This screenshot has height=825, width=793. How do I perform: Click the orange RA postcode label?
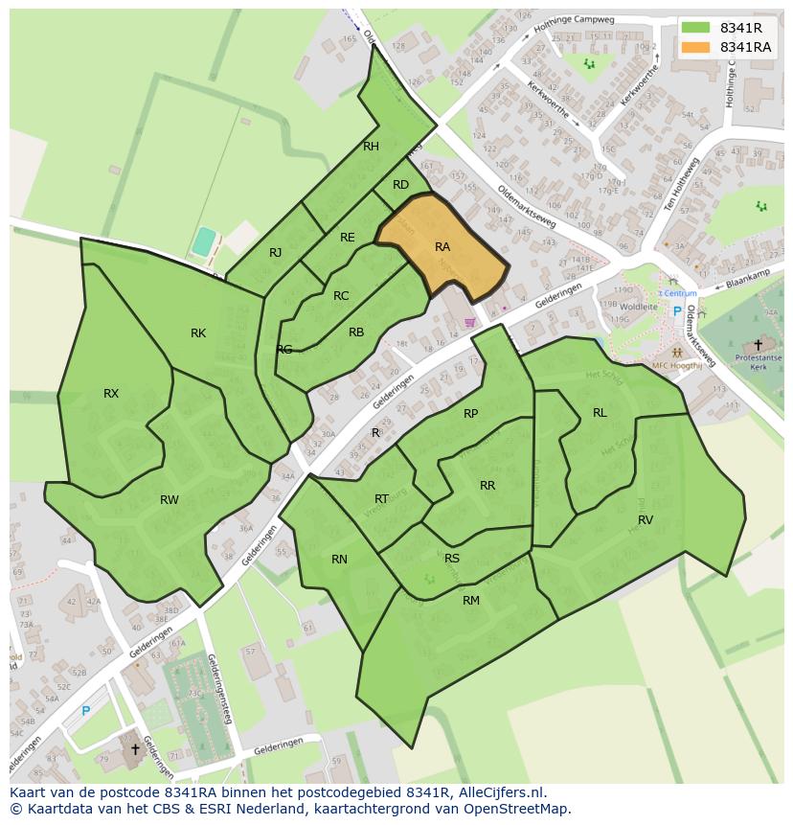[x=442, y=247]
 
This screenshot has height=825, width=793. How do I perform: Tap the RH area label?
[x=371, y=147]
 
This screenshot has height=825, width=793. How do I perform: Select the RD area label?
[x=400, y=185]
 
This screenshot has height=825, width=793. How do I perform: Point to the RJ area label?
[x=275, y=253]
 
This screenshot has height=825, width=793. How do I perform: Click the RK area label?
[x=197, y=333]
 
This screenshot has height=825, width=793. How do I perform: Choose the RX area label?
[x=111, y=394]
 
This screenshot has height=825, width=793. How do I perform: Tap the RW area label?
[x=169, y=499]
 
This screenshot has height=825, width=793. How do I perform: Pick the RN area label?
[x=339, y=560]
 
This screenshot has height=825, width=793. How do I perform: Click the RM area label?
[x=470, y=601]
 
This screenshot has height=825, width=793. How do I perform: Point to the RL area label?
[x=600, y=413]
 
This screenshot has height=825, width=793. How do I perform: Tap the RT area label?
[x=381, y=498]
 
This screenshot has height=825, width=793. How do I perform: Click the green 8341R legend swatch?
[x=695, y=28]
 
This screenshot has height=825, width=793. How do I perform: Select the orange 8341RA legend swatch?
[x=695, y=47]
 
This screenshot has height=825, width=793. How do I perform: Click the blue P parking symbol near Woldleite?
[x=677, y=311]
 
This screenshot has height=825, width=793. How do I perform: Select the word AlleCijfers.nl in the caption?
[x=498, y=792]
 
